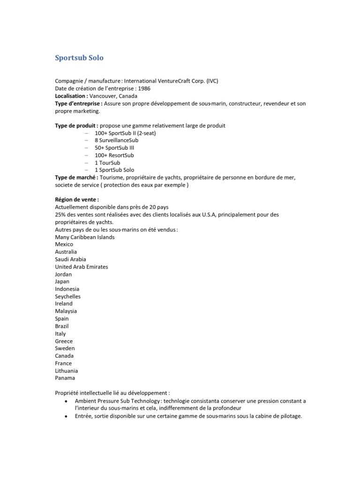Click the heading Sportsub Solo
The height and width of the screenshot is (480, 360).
[79, 58]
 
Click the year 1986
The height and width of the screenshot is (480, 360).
[144, 89]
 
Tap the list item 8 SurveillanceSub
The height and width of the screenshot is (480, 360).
[116, 140]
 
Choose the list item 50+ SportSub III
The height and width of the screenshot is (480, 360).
[114, 148]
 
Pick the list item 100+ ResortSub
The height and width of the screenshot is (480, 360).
[114, 155]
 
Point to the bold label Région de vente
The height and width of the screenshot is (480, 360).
[77, 200]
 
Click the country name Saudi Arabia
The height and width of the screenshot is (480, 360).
[70, 259]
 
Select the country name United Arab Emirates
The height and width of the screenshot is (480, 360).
[81, 267]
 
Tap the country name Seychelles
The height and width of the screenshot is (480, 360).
[67, 297]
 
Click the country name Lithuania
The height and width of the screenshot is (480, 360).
[66, 371]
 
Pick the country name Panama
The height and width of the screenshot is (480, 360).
[65, 378]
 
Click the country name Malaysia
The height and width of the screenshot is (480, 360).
[66, 311]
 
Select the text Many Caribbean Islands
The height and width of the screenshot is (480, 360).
[84, 237]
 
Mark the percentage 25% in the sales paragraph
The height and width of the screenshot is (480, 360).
[61, 215]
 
